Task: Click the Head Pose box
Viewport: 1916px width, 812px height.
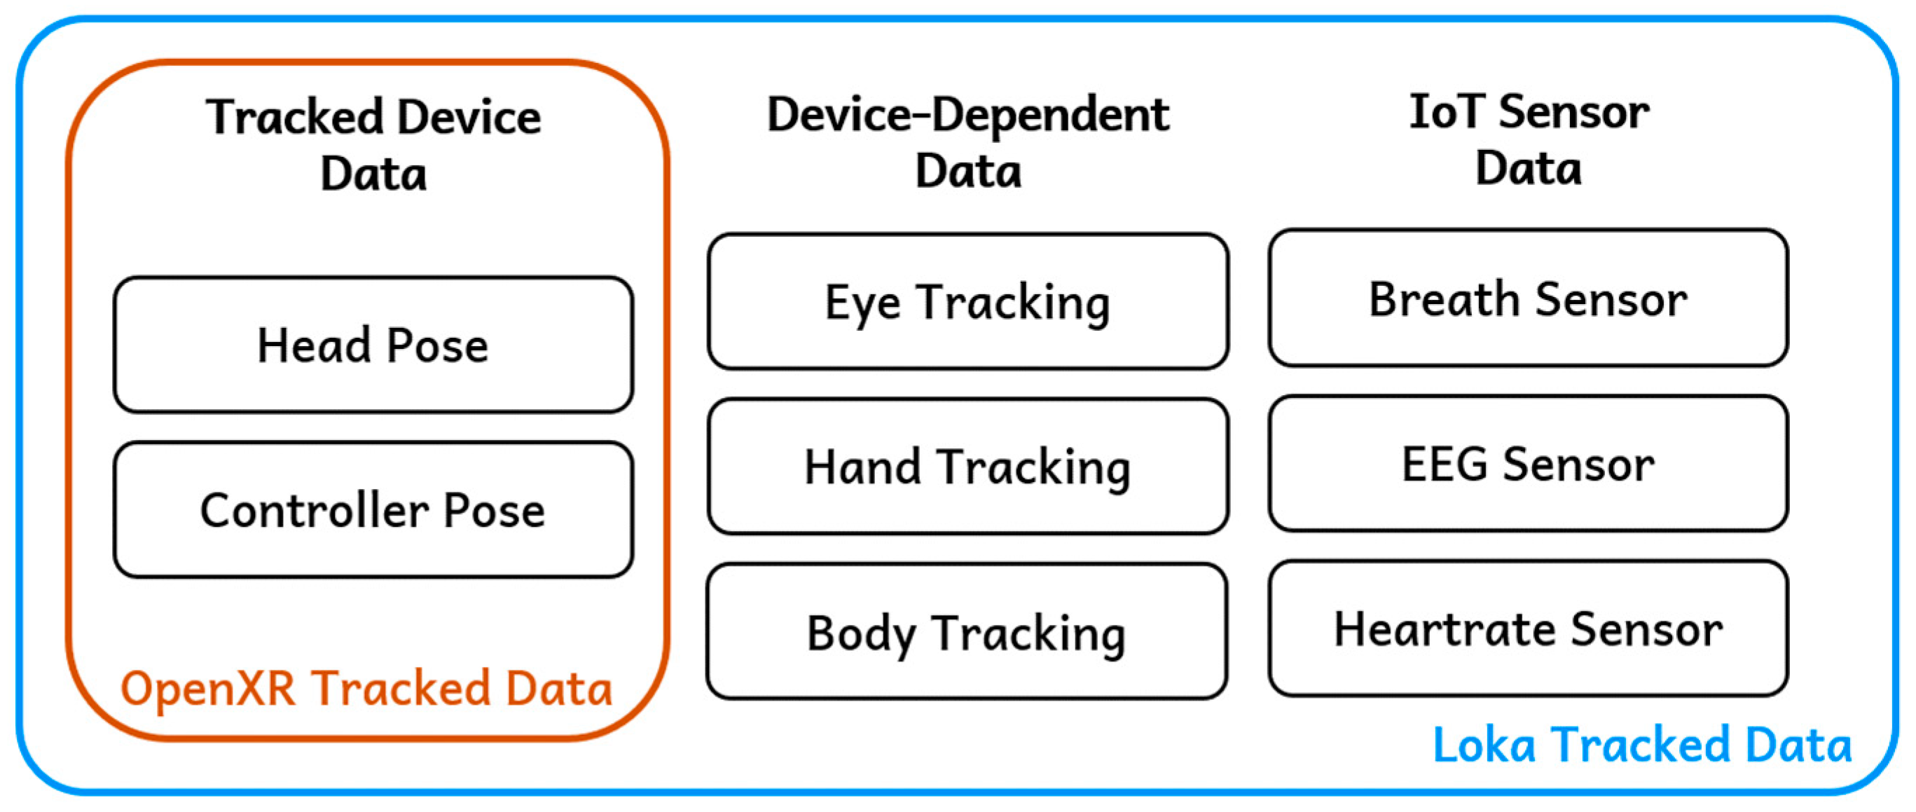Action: (373, 345)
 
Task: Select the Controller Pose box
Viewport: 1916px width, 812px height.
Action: (373, 510)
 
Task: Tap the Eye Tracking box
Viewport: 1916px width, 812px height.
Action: (967, 302)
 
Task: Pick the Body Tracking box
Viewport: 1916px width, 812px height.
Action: (966, 632)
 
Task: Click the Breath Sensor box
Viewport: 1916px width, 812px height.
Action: (1528, 299)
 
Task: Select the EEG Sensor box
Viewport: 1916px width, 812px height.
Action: (1528, 464)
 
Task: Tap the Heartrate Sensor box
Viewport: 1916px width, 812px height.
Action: (1528, 629)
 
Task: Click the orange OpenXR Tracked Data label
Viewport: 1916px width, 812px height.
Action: (366, 689)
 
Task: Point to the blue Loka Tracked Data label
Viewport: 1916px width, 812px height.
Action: (1641, 745)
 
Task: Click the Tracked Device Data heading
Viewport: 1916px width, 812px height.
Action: (373, 145)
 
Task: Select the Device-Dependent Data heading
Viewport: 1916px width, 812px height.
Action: (967, 143)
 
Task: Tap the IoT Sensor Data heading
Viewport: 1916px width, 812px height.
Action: (1529, 140)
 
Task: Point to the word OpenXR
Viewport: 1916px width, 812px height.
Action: (207, 689)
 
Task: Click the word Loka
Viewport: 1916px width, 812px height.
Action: (1483, 745)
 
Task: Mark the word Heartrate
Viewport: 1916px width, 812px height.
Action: (1444, 629)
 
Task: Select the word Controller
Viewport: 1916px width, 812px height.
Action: (314, 510)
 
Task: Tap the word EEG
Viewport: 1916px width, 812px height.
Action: (1444, 464)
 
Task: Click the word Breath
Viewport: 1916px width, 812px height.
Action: (1444, 299)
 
